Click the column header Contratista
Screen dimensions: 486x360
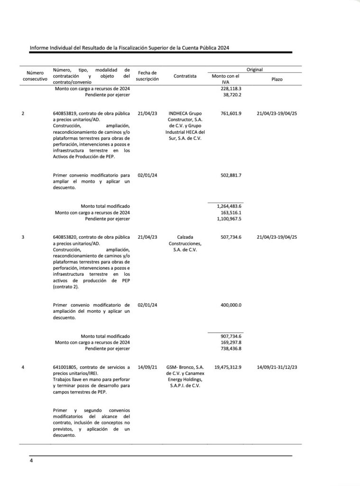[x=182, y=79]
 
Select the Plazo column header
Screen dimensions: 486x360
[x=277, y=79]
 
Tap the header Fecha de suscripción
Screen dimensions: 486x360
[x=147, y=76]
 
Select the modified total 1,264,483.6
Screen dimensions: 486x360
[x=229, y=206]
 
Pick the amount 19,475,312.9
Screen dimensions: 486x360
[x=225, y=367]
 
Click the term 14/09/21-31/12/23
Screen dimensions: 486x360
[x=277, y=367]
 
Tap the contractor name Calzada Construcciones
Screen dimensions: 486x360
[x=182, y=243]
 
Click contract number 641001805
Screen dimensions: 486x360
[x=70, y=367]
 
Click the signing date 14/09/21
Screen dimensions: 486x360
[x=147, y=367]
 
